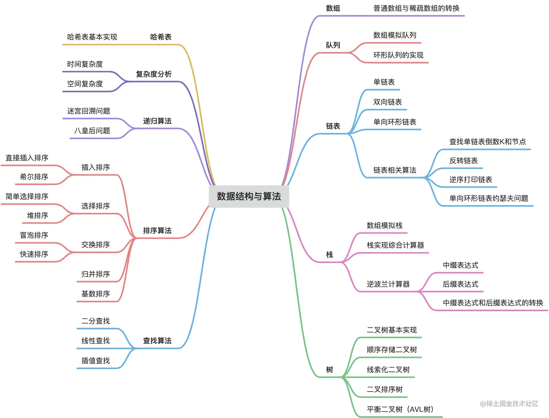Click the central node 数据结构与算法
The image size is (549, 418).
point(249,196)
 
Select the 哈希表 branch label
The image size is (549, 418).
point(160,37)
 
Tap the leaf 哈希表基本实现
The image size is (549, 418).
point(92,37)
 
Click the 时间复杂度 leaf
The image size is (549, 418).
point(85,64)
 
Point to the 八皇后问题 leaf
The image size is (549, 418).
point(92,131)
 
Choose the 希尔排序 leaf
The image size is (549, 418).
point(34,177)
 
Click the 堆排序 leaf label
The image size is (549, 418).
point(37,216)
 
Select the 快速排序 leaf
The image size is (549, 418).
point(34,254)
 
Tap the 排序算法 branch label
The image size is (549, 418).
point(157,231)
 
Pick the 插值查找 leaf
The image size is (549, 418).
point(95,361)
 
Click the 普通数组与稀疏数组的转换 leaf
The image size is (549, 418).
point(416,8)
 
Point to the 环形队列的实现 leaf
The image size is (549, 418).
point(398,55)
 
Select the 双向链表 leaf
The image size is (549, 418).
point(387,102)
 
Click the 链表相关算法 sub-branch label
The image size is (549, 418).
point(395,170)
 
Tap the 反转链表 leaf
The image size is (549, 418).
point(463,161)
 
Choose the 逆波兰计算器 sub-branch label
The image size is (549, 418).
point(388,284)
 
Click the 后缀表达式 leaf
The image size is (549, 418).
point(460,284)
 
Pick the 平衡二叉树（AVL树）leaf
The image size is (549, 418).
point(400,410)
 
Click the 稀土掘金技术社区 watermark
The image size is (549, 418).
point(509,403)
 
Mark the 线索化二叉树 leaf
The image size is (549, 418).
point(388,370)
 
